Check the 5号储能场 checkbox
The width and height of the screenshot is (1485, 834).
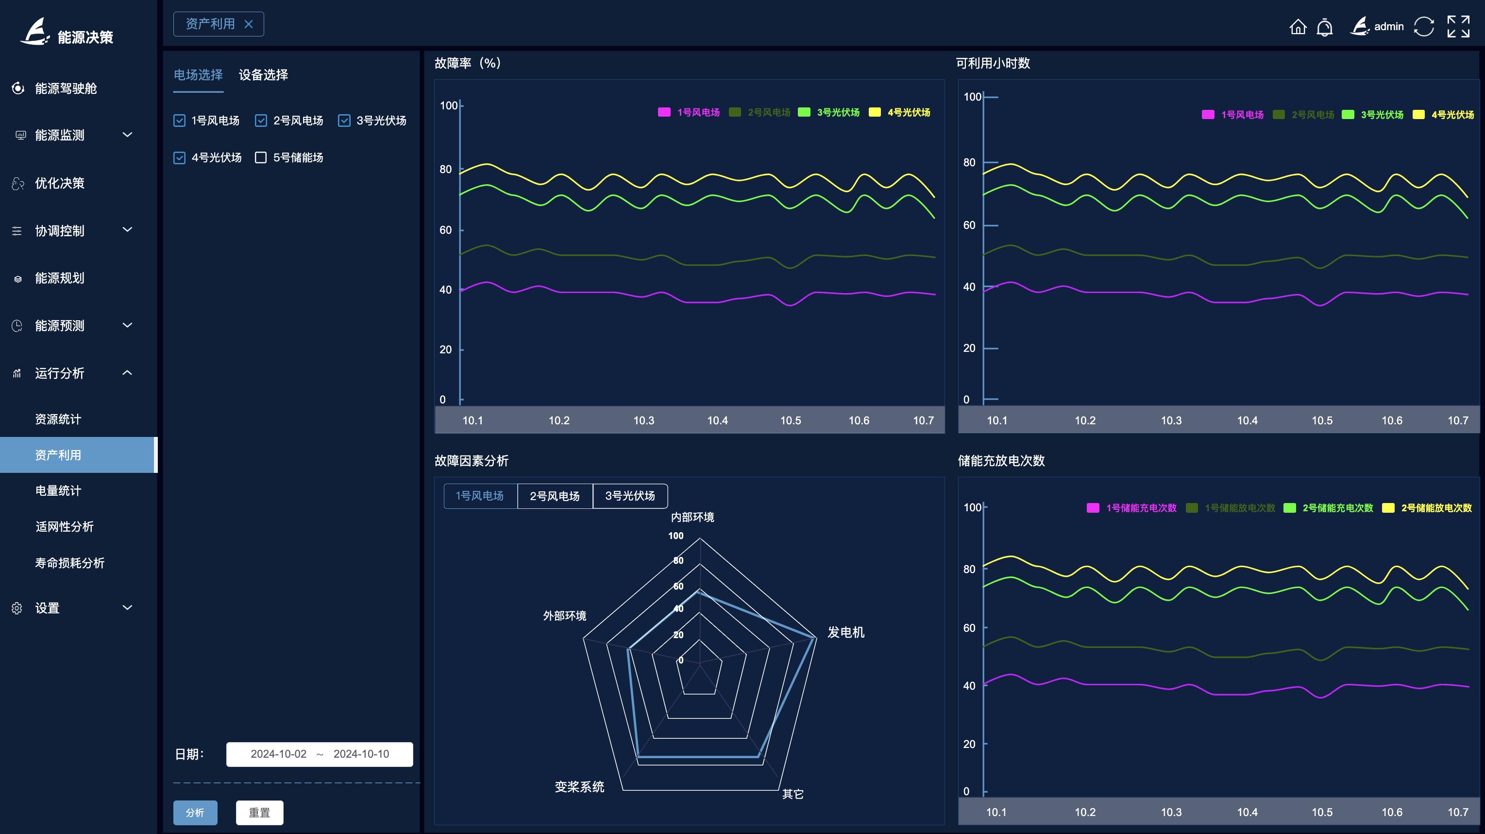coord(261,157)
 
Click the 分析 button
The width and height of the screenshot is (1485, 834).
coord(195,812)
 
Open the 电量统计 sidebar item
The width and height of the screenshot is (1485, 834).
coord(58,491)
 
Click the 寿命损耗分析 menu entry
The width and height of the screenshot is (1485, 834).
coord(70,563)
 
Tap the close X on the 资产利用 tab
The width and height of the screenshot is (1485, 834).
coord(249,24)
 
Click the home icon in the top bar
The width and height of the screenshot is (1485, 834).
coord(1298,27)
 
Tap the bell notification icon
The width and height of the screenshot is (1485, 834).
coord(1325,27)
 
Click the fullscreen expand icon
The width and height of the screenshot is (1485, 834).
coord(1458,27)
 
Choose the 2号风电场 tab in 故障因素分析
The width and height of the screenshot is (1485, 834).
coord(555,496)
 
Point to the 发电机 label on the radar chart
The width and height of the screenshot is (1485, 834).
coord(845,633)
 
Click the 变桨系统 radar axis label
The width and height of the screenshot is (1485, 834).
coord(579,787)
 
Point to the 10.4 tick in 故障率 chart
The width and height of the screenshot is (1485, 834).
coord(717,420)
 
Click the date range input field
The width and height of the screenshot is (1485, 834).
coord(320,754)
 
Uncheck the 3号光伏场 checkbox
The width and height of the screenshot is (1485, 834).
coord(344,121)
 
